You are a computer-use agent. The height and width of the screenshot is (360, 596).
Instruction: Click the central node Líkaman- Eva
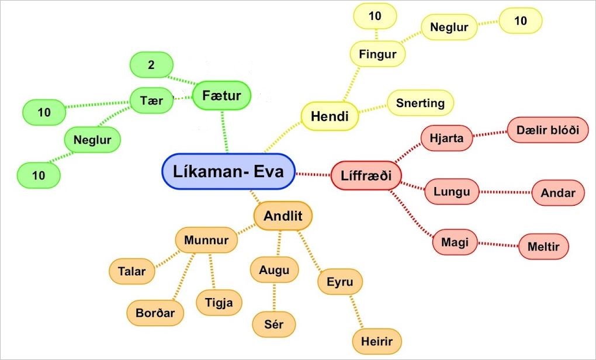click(228, 171)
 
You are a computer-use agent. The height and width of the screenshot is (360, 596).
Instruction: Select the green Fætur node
click(221, 95)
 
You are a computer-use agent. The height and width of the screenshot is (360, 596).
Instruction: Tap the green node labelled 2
click(151, 65)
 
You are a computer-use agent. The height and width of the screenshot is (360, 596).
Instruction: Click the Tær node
click(151, 101)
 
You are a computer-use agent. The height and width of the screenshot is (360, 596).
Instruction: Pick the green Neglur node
click(92, 140)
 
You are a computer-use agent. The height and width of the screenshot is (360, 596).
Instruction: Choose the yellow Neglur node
click(449, 27)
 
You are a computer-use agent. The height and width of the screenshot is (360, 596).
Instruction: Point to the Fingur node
click(377, 54)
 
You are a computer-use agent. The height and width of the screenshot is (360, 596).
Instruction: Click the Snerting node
click(420, 103)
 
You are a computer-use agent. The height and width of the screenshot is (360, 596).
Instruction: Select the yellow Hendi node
click(330, 116)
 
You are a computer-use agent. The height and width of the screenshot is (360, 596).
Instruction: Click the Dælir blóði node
click(548, 130)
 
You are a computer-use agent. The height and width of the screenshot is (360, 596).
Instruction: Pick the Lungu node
click(452, 192)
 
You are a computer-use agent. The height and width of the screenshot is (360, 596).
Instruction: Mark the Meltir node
click(543, 247)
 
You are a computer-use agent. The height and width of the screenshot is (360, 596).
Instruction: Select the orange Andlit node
click(283, 216)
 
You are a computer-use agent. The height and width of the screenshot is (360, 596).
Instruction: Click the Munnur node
click(206, 240)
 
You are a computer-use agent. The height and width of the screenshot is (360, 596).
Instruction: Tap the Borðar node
click(155, 312)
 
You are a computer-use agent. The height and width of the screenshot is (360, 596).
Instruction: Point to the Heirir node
click(377, 341)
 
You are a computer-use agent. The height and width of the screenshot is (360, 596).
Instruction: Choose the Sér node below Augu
click(273, 324)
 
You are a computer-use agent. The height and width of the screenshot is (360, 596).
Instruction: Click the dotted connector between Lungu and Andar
click(505, 192)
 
